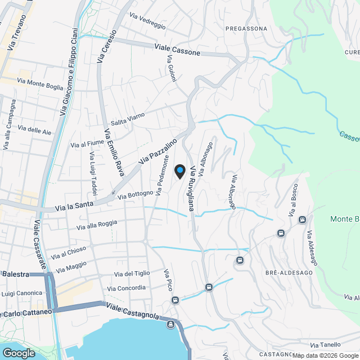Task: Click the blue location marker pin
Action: click(x=180, y=170)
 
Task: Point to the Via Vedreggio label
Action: click(x=147, y=21)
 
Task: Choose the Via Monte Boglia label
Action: click(x=40, y=84)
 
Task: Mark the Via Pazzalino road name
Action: click(x=158, y=151)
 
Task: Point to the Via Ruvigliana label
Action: click(x=194, y=189)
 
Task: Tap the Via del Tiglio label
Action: click(x=132, y=274)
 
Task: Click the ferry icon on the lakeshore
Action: click(x=170, y=324)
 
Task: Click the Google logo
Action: click(x=18, y=353)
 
